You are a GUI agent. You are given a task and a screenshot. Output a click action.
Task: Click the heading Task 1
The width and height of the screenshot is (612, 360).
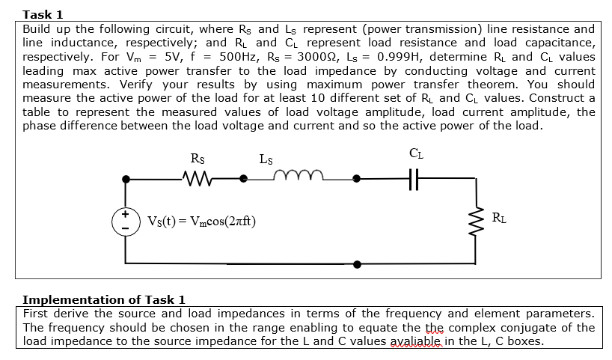[43, 14]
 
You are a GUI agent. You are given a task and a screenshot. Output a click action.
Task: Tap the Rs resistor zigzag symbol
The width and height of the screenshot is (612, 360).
[197, 179]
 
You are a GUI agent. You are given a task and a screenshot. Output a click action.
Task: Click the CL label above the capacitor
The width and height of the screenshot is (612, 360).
[417, 155]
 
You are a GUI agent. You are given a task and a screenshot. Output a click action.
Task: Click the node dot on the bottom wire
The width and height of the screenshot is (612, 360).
[357, 263]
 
